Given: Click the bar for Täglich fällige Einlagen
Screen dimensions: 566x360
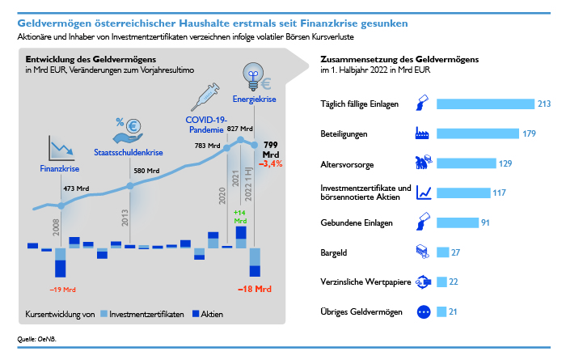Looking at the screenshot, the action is [x=485, y=104].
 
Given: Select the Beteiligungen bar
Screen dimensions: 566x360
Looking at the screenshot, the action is [x=478, y=133].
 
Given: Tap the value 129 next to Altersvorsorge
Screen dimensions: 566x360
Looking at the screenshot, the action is [x=505, y=163].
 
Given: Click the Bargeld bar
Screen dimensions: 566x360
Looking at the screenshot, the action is [x=442, y=252].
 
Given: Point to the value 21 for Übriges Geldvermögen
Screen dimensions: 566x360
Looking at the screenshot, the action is [x=453, y=311].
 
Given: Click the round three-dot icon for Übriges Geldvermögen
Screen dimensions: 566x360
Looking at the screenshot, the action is [x=424, y=311].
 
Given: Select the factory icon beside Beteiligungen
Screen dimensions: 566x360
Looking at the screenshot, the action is [x=422, y=133].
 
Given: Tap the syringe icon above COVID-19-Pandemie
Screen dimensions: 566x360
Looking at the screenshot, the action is [x=205, y=96].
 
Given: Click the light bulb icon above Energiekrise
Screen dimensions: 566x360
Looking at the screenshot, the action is [x=253, y=76].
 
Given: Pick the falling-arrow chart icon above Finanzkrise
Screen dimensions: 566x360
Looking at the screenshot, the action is [x=61, y=148].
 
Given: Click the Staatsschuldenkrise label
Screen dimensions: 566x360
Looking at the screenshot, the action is [x=128, y=152].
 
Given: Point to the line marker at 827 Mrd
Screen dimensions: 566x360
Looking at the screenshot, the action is [x=240, y=140].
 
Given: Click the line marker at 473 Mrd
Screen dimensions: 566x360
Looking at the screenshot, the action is [x=61, y=205].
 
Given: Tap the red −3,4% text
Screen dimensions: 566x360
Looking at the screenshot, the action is [x=270, y=164].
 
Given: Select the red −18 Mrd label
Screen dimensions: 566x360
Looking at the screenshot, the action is [x=255, y=289].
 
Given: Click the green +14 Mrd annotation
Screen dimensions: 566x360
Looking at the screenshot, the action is [x=239, y=217].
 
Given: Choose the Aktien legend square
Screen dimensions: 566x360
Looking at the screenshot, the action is [x=196, y=314].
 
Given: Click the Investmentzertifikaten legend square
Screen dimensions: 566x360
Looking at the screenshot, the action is [x=104, y=314].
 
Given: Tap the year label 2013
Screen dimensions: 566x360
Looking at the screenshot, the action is [x=125, y=218].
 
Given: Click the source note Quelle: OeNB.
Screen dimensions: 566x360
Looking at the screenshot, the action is [x=37, y=339].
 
